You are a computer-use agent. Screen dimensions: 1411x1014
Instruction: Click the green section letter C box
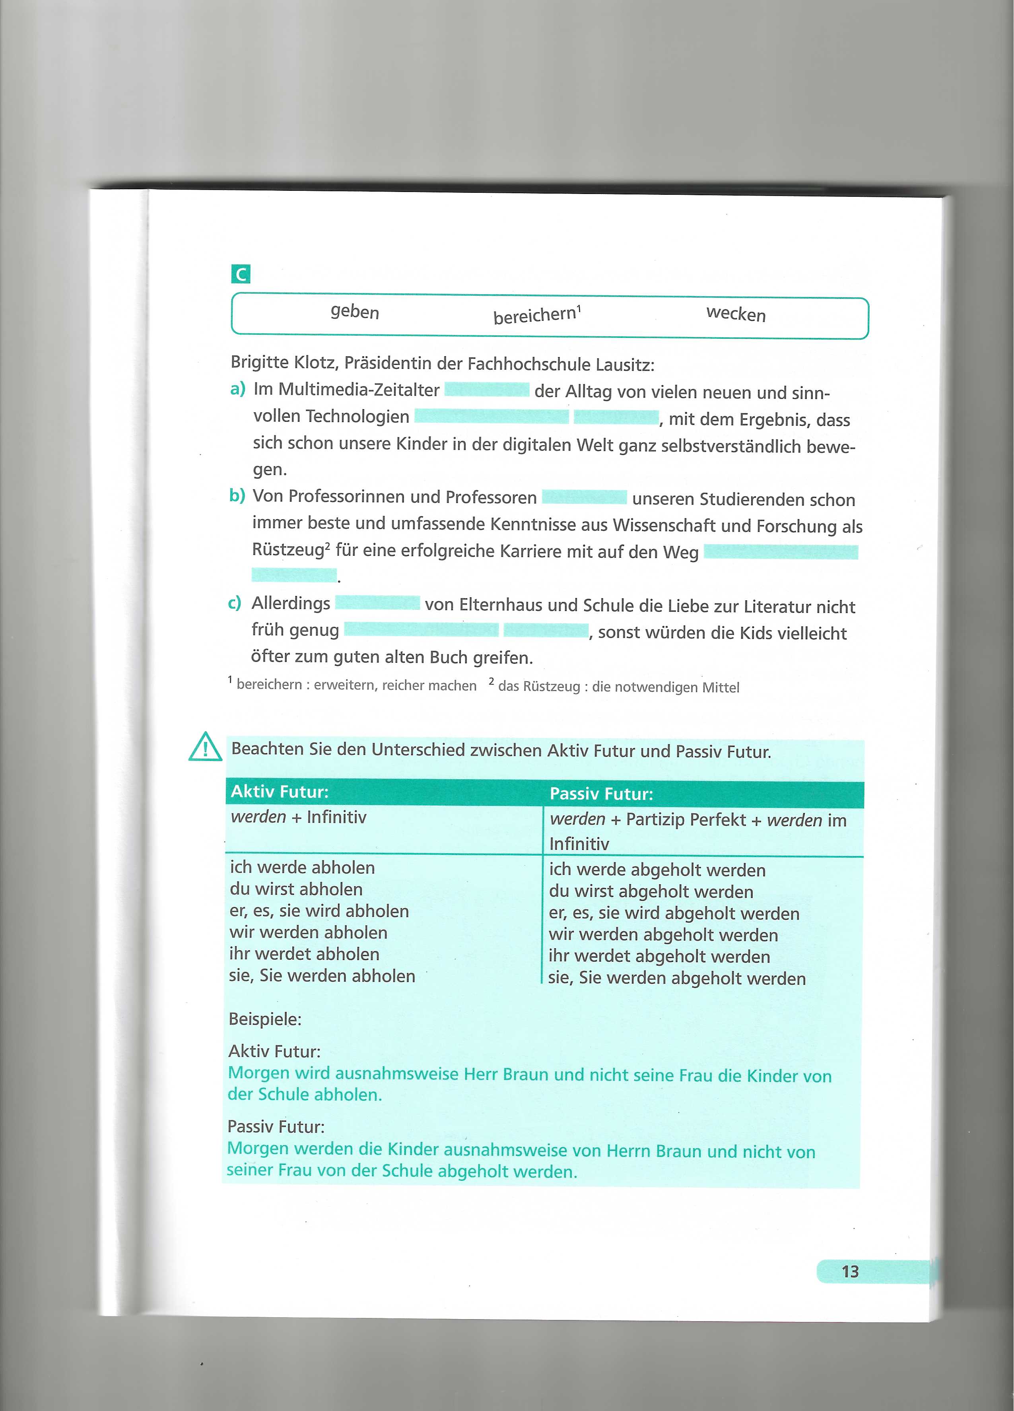[x=240, y=274]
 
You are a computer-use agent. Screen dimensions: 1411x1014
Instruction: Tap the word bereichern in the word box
[x=535, y=315]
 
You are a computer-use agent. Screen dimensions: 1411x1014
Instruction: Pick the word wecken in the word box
[x=735, y=314]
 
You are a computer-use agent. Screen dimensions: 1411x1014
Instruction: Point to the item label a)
[x=238, y=390]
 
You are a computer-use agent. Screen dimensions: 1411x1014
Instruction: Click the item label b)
[x=237, y=496]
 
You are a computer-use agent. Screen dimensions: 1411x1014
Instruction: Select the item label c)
[x=235, y=603]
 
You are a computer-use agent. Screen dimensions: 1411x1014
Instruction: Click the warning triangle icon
[x=205, y=747]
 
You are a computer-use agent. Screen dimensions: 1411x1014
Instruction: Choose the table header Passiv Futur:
[x=601, y=794]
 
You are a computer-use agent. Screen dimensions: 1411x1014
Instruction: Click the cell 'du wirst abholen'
[x=296, y=889]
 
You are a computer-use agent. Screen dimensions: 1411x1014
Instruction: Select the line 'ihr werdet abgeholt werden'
[x=659, y=956]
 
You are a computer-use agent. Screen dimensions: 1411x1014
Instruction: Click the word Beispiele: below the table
[x=265, y=1019]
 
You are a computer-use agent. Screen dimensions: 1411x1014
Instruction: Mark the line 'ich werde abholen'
[x=302, y=867]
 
